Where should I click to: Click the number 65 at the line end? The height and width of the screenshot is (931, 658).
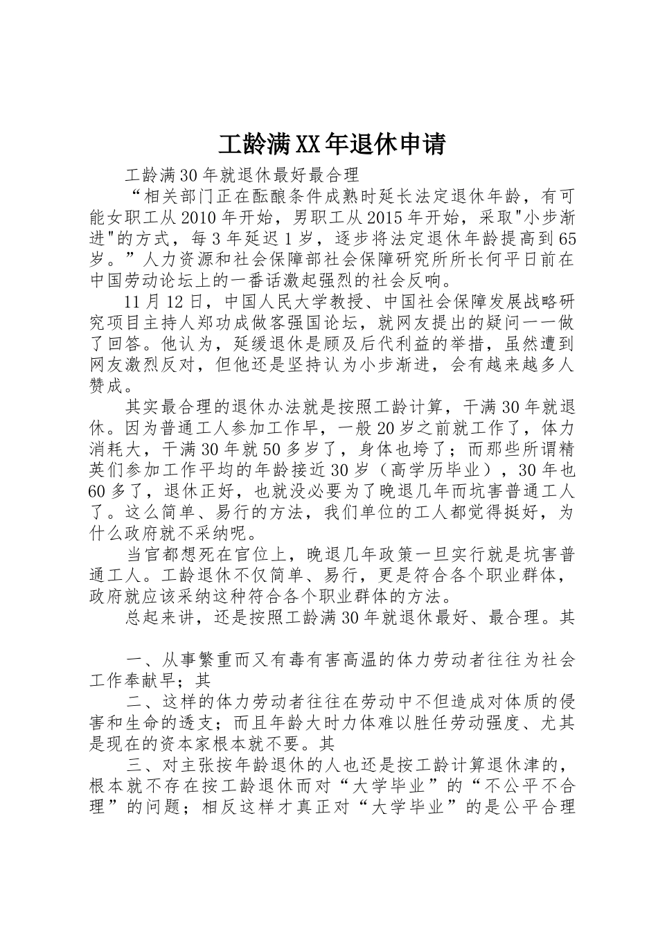click(567, 240)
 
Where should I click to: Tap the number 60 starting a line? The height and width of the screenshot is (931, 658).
click(100, 491)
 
